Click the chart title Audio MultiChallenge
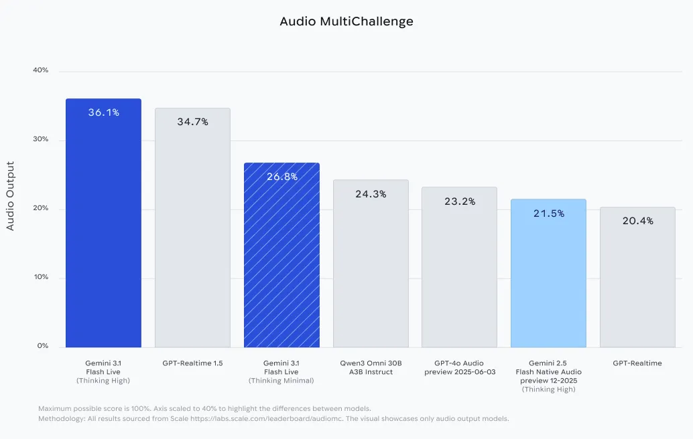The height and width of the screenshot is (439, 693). click(346, 21)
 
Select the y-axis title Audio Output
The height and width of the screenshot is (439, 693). click(10, 195)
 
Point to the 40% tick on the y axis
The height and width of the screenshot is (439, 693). click(40, 70)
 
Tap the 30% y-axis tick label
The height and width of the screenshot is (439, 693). click(40, 139)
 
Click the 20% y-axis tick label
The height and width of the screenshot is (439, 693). click(40, 208)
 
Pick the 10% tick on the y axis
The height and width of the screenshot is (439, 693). click(40, 277)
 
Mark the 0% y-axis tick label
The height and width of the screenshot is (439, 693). click(42, 346)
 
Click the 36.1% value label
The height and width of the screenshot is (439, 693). click(103, 112)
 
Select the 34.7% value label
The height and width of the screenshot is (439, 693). click(192, 122)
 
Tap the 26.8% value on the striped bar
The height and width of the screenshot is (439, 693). click(281, 177)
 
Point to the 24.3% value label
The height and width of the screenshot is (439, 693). click(371, 194)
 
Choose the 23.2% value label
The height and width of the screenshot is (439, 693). click(459, 201)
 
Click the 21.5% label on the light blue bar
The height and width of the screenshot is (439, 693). click(548, 213)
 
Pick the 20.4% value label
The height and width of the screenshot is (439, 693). click(637, 221)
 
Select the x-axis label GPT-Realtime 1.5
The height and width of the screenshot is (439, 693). click(192, 363)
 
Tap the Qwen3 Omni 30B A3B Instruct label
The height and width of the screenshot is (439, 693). click(371, 367)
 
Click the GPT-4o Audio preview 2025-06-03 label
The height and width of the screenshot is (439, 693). click(459, 367)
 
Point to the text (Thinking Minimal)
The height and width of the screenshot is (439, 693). click(281, 381)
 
